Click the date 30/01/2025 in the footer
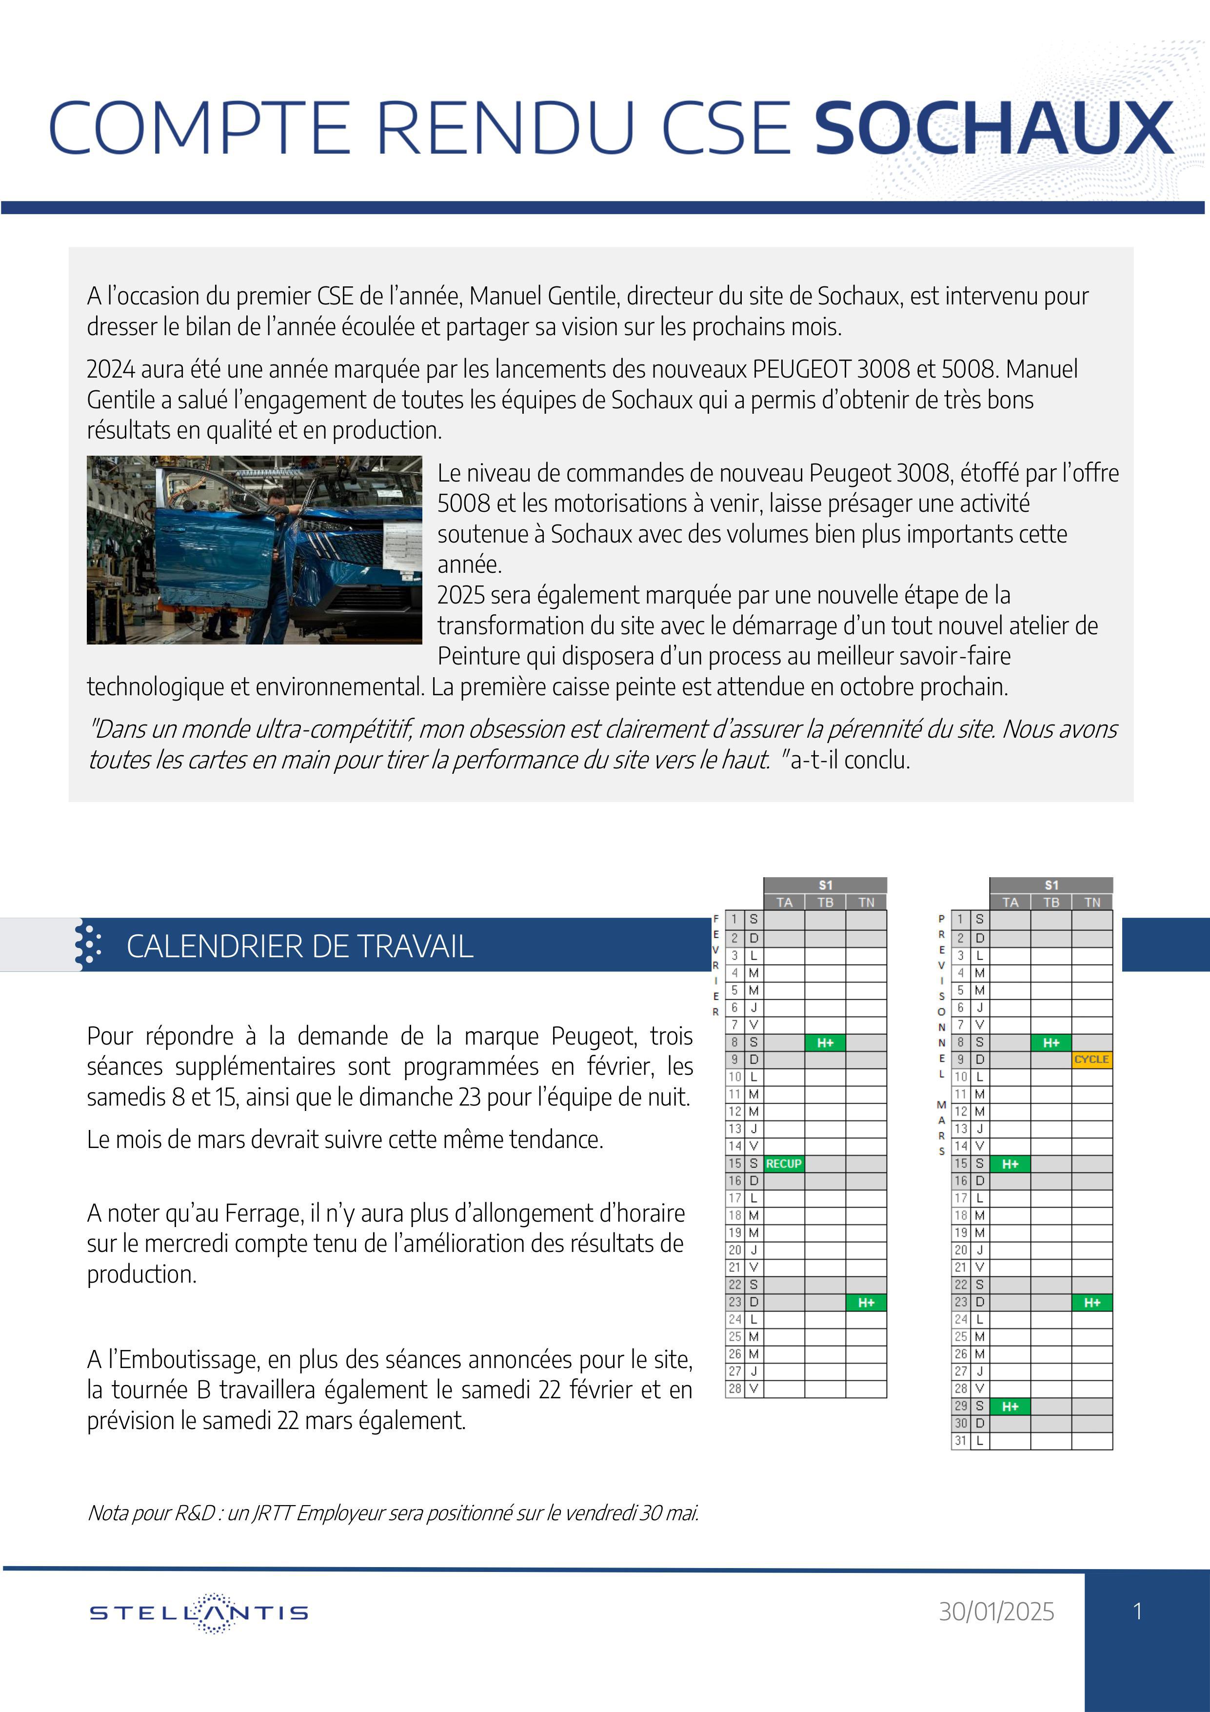pos(996,1611)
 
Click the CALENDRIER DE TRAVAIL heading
pos(300,946)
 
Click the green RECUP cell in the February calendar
pos(784,1163)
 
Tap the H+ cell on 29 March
pos(1010,1406)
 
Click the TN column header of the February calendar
pos(866,902)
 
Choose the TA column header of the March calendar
pos(1010,902)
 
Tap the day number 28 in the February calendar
pos(734,1389)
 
